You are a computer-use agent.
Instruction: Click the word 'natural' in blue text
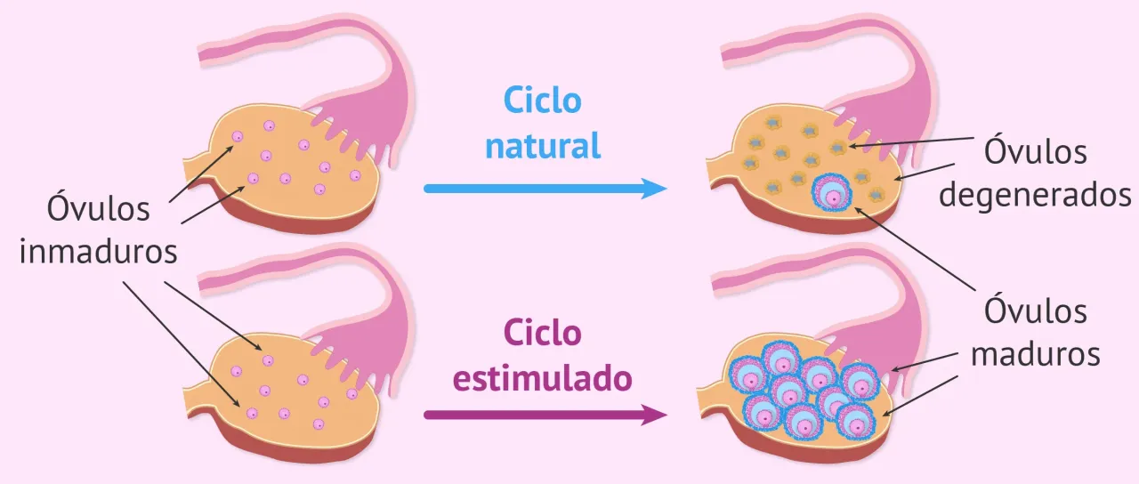543,145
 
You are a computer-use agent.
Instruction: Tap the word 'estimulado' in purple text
543,379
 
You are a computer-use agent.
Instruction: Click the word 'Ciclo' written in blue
543,101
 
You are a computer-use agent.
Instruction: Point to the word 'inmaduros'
99,252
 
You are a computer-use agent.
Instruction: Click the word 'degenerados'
1035,193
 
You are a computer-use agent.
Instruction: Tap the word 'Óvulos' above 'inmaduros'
99,211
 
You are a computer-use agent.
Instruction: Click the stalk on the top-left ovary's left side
198,169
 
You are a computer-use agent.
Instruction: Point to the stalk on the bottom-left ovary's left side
198,399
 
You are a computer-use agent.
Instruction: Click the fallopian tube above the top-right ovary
801,53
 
